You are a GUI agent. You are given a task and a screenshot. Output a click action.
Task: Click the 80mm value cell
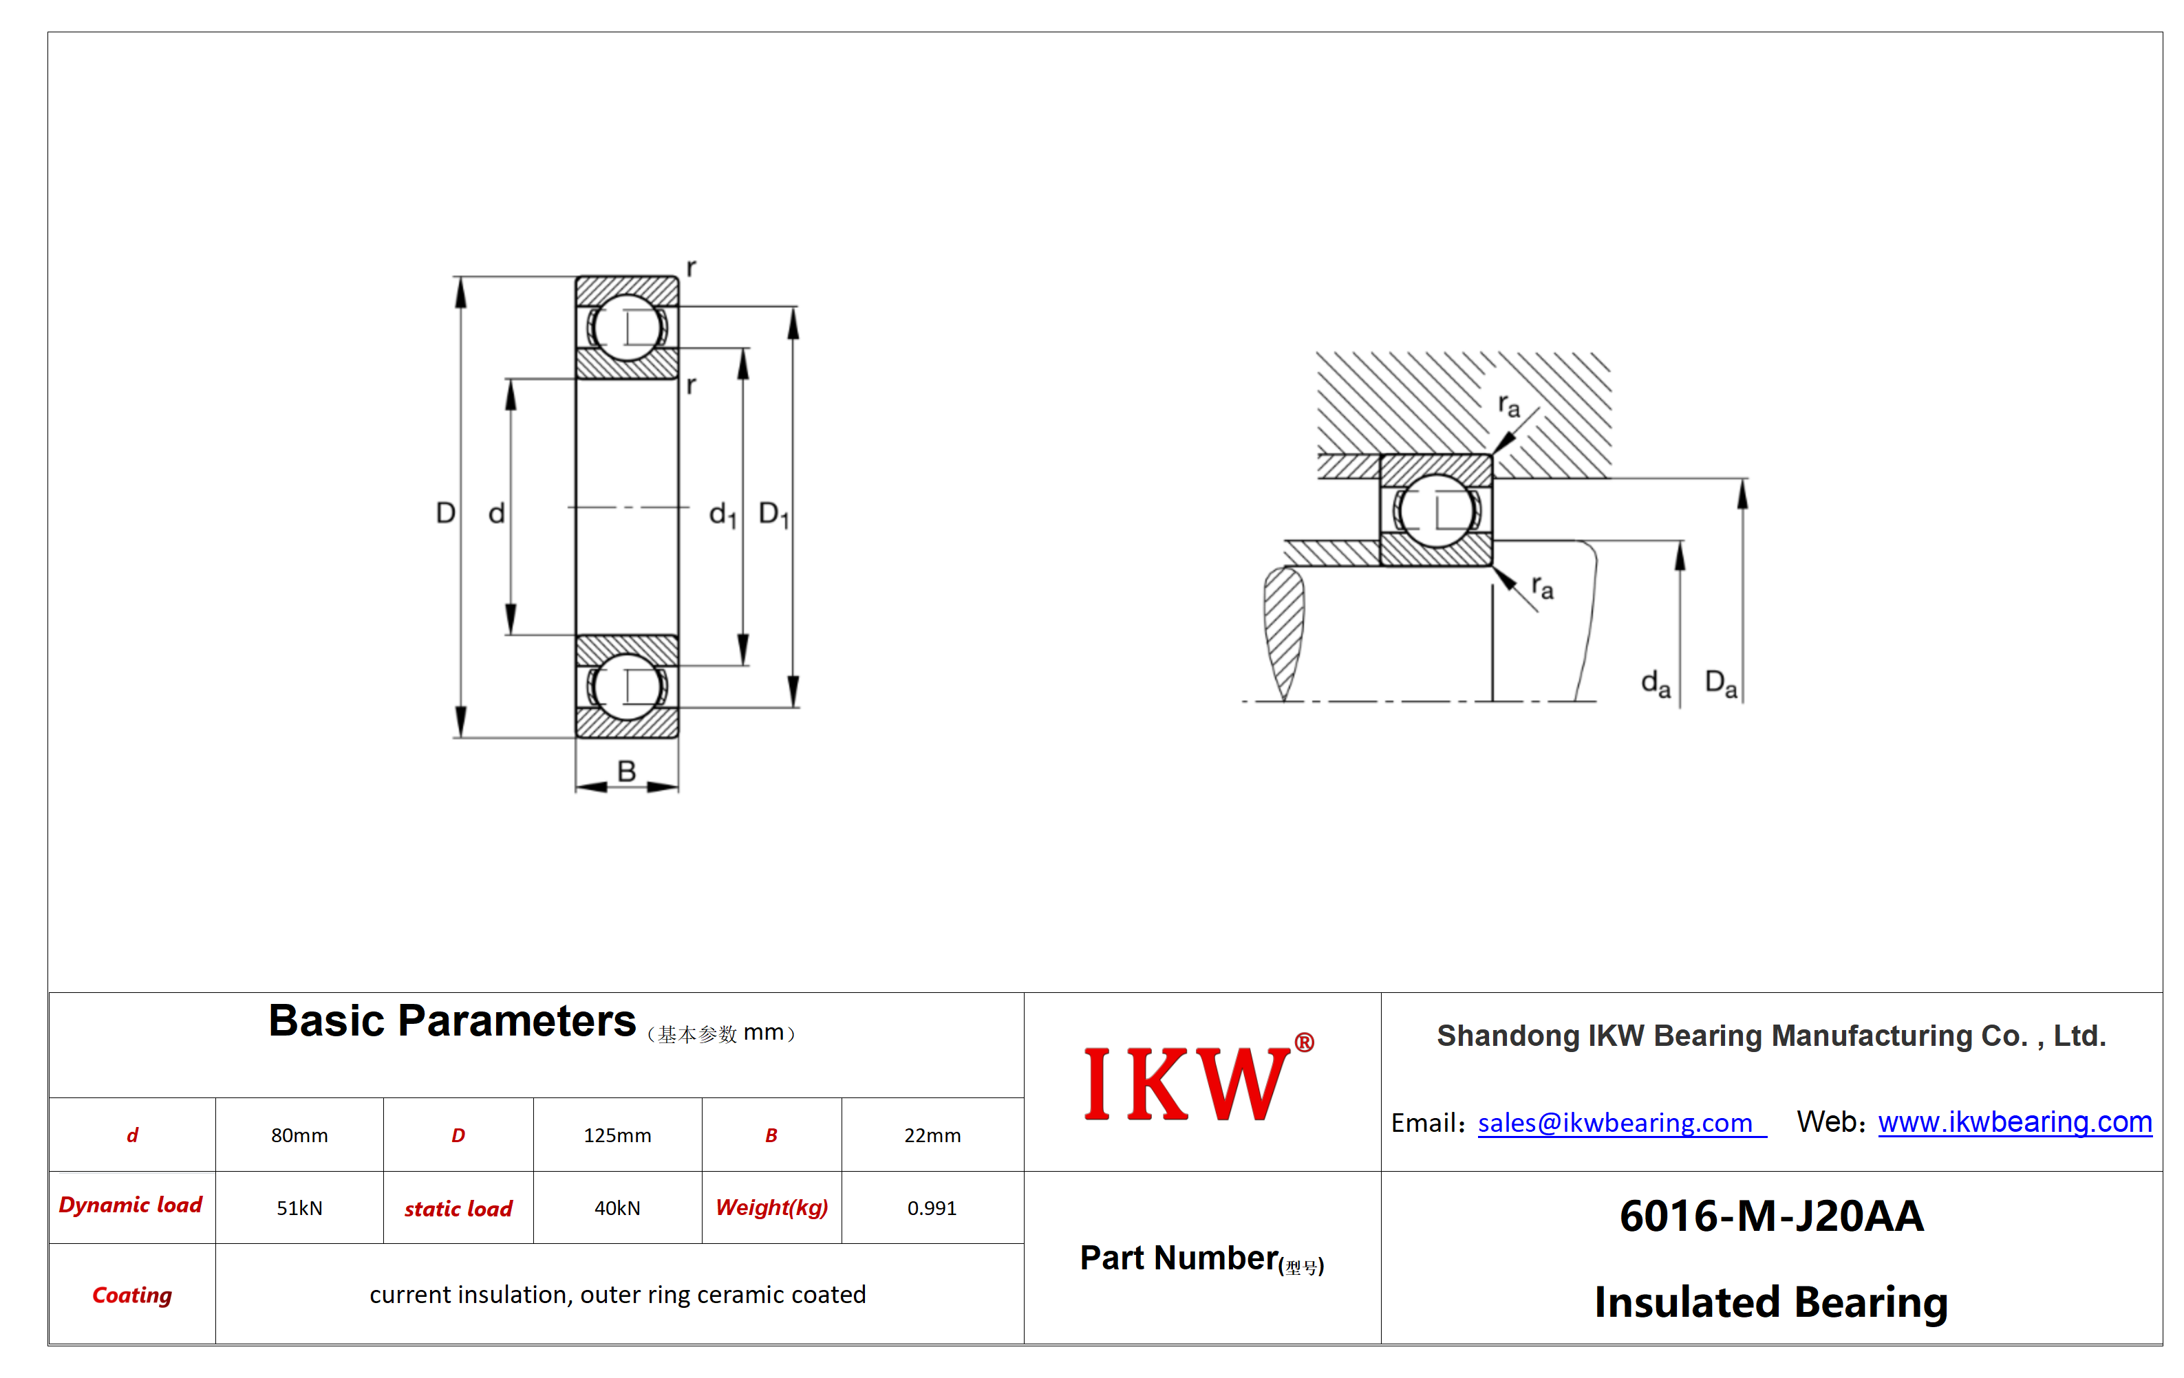tap(299, 1135)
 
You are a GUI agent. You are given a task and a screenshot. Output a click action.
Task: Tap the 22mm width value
tap(932, 1135)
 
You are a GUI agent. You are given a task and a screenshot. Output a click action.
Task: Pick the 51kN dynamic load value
tap(299, 1207)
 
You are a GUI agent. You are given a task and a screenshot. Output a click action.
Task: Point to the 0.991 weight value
tap(932, 1207)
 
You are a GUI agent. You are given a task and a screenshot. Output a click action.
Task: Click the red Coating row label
tap(132, 1295)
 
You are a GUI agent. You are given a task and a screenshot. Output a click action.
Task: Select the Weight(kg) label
tap(772, 1207)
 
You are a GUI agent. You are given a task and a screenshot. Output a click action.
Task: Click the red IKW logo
tap(1198, 1079)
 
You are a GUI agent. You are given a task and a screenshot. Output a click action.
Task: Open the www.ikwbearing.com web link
tap(2015, 1122)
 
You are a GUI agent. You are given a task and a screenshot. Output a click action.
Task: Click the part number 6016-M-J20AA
tap(1771, 1216)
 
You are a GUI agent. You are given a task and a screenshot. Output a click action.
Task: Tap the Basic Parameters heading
tap(451, 1021)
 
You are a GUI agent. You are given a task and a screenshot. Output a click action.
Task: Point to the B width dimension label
tap(625, 771)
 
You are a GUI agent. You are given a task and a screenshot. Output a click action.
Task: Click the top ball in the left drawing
tap(627, 327)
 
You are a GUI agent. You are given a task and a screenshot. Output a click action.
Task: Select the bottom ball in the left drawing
tap(627, 686)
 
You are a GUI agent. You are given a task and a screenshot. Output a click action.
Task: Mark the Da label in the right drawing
tap(1720, 683)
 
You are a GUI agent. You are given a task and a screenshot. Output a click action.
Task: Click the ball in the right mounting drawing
tap(1436, 510)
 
